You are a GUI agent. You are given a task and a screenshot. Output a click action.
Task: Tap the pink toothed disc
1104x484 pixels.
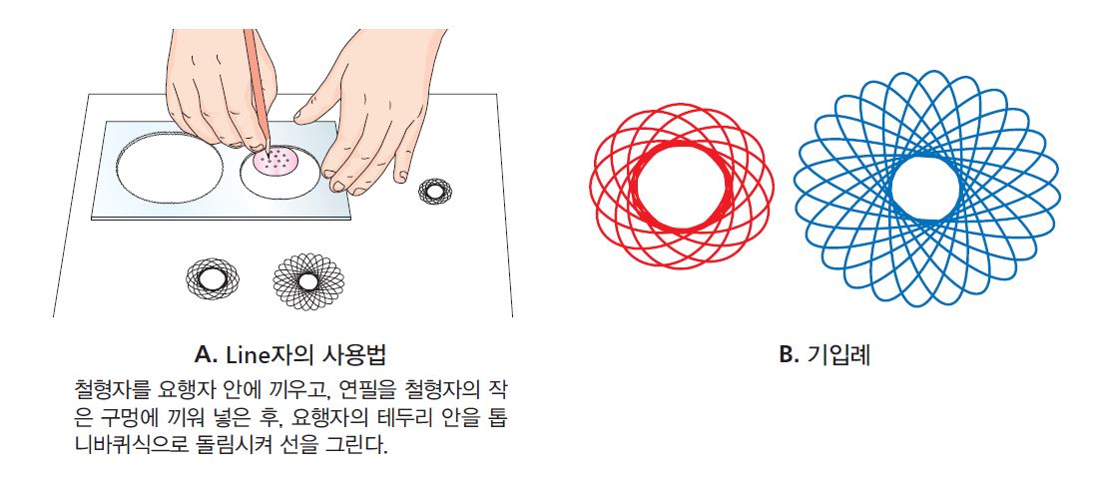(275, 162)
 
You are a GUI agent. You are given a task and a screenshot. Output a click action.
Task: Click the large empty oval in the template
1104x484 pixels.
(170, 166)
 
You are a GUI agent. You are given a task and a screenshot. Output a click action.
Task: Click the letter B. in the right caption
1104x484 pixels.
(789, 355)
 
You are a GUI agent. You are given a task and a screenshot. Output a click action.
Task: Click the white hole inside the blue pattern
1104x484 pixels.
(925, 188)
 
